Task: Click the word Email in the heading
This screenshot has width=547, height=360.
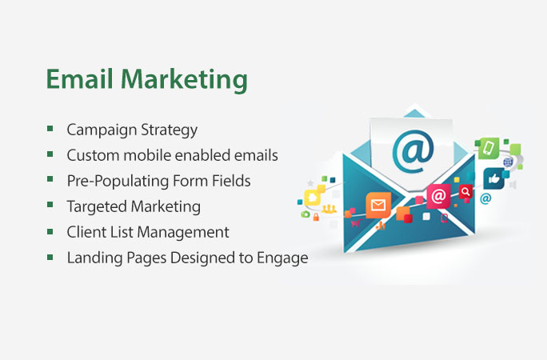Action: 79,79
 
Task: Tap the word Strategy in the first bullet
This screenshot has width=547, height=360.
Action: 170,130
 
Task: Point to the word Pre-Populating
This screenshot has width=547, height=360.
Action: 118,182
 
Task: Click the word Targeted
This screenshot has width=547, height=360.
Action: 98,207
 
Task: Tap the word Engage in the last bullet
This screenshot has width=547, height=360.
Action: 282,258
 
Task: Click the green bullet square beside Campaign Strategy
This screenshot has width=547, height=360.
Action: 50,128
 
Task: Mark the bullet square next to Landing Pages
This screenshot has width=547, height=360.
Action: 50,257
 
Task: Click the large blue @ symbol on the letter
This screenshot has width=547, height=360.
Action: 413,151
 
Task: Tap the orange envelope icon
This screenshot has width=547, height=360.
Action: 378,205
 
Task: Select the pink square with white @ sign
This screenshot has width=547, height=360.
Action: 438,196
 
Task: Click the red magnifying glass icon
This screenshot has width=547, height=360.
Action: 465,191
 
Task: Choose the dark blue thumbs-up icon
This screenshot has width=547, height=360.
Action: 494,178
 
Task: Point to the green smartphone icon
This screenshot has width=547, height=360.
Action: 489,148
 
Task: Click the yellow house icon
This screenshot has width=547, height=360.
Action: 313,198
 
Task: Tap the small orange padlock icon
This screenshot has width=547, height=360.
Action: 316,218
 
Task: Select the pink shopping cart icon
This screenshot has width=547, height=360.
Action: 356,223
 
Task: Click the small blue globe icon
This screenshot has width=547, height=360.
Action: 508,162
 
